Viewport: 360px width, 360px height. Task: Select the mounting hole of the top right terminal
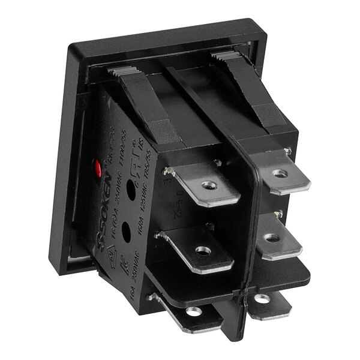pyautogui.click(x=280, y=173)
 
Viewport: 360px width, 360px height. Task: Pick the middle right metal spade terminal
pyautogui.click(x=278, y=239)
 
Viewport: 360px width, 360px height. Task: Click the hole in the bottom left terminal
pyautogui.click(x=193, y=311)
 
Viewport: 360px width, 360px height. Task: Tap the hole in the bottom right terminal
pyautogui.click(x=262, y=298)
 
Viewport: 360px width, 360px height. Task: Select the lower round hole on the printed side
pyautogui.click(x=126, y=230)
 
